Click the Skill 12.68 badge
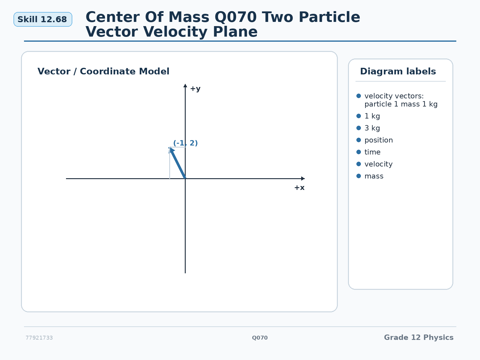43,19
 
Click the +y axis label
195,89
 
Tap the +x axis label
299,187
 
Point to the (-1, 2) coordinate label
185,143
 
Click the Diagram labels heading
398,71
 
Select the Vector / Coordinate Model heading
103,71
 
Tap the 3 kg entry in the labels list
372,128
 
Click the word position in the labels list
379,140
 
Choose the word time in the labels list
372,152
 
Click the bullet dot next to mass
358,176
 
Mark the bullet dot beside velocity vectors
358,96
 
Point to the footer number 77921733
39,338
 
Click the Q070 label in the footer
260,338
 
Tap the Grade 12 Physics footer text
419,337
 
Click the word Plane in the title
235,32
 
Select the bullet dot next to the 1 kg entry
358,116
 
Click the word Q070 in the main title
235,17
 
